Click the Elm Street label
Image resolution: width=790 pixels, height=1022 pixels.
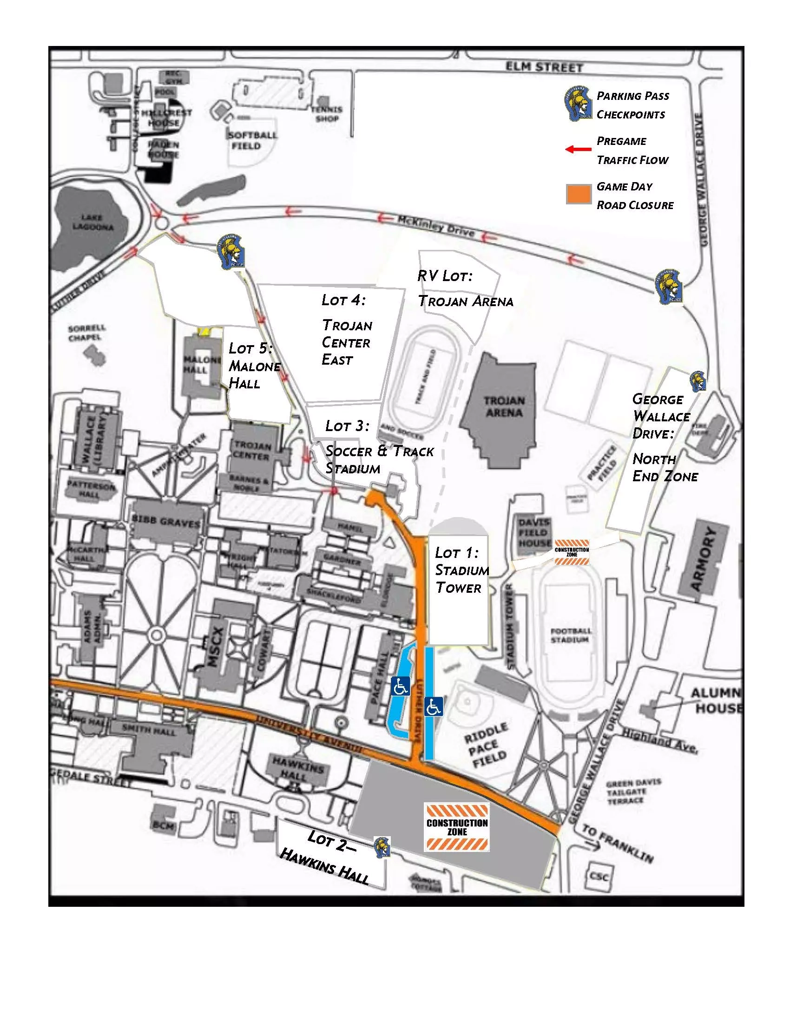click(x=544, y=67)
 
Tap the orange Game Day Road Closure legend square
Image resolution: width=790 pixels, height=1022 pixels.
click(x=579, y=194)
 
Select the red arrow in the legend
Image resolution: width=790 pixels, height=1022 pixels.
click(x=579, y=150)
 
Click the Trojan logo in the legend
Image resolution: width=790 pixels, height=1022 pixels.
click(x=578, y=104)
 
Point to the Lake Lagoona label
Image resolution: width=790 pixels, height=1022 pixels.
click(x=92, y=222)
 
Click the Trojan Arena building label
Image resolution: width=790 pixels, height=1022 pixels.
click(x=504, y=406)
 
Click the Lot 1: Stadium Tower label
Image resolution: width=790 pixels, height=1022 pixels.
click(x=461, y=570)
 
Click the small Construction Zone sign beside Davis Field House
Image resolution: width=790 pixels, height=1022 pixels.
click(x=572, y=552)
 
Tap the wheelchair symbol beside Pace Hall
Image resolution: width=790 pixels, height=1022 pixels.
click(x=400, y=686)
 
